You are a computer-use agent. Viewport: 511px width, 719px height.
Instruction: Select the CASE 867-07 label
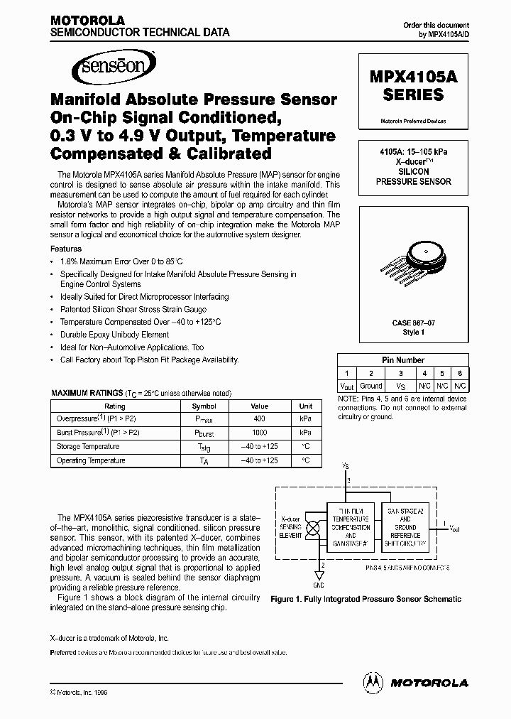coord(412,323)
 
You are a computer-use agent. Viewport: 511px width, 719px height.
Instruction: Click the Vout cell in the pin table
coord(346,386)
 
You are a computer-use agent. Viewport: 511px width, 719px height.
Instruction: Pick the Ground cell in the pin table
coord(370,386)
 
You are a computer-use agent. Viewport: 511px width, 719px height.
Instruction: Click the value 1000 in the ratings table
coord(259,433)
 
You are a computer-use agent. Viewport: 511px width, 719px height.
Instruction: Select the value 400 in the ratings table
coord(259,419)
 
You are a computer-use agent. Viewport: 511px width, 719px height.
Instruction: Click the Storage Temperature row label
coord(88,447)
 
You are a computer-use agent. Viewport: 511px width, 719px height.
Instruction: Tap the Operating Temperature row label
coord(91,461)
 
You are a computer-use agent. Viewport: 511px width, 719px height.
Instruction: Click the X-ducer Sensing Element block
coord(292,526)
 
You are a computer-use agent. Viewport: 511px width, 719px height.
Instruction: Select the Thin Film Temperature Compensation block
coord(351,527)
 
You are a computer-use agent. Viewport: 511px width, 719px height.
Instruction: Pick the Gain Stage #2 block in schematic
coord(405,526)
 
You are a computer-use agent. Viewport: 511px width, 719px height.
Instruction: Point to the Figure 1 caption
coord(366,599)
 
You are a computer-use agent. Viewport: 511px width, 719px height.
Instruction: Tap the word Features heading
coord(66,249)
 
